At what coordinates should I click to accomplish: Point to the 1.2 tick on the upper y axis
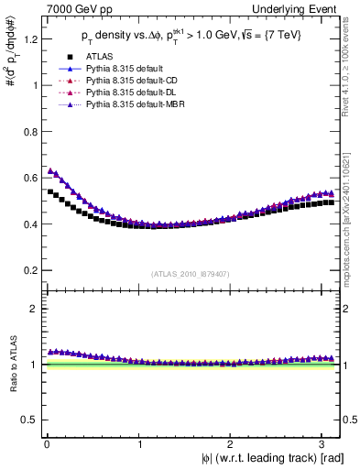pyautogui.click(x=29, y=39)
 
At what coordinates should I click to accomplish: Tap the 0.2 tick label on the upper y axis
pyautogui.click(x=29, y=270)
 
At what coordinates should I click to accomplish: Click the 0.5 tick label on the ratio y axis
pyautogui.click(x=29, y=420)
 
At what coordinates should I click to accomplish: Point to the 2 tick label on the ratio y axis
pyautogui.click(x=34, y=309)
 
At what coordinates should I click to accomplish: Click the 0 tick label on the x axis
pyautogui.click(x=46, y=442)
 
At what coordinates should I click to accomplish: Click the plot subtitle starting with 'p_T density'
pyautogui.click(x=192, y=37)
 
